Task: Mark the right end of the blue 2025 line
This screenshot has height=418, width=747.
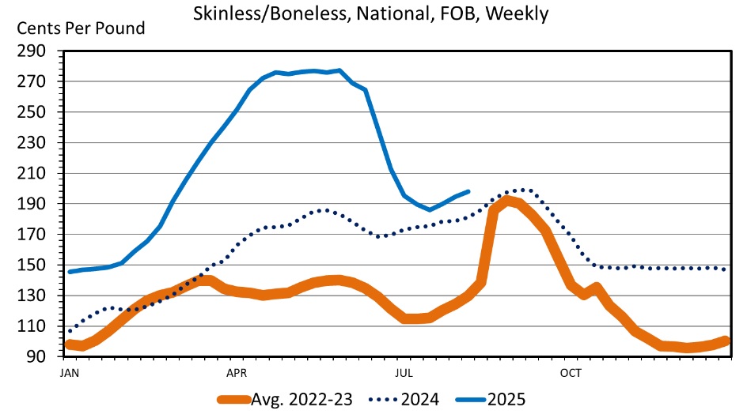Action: tap(469, 191)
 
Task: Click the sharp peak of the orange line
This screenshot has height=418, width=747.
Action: tap(507, 199)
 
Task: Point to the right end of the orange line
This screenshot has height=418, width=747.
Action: tap(726, 340)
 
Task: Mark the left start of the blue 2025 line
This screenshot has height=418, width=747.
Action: tap(69, 272)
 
